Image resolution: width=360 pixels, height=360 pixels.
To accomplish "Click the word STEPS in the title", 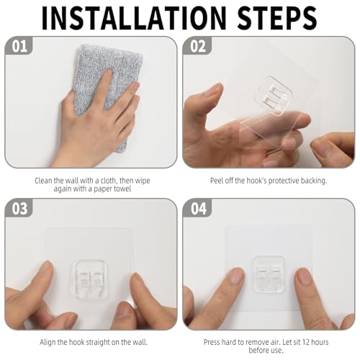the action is click(x=277, y=19).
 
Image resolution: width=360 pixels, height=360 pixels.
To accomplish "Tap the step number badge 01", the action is click(x=19, y=46).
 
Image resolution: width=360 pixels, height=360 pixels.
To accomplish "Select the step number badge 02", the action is click(x=197, y=46).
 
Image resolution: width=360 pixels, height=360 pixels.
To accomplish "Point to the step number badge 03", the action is click(x=19, y=208).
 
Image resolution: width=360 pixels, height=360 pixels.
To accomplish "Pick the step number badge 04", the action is click(x=198, y=208).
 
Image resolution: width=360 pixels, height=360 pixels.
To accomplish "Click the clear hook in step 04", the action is click(x=270, y=274).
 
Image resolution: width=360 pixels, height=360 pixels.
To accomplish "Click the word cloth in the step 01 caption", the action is click(x=109, y=181).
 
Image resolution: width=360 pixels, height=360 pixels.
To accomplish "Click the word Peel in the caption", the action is click(x=217, y=181).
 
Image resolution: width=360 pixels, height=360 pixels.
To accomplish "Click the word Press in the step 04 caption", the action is click(x=212, y=342).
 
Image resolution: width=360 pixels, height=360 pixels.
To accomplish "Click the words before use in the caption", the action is click(x=266, y=351).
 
